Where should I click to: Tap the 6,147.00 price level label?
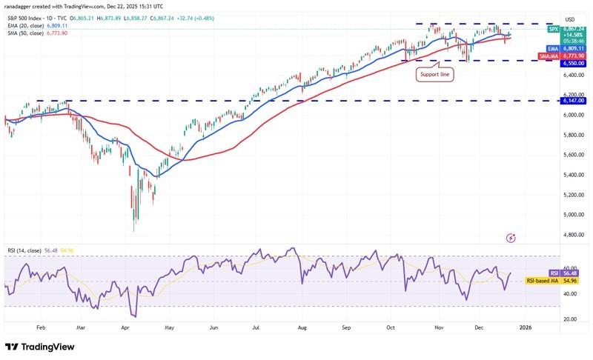click(573, 101)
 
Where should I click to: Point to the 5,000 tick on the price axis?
click(573, 215)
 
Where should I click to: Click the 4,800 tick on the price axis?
click(573, 235)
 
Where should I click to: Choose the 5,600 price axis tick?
click(573, 155)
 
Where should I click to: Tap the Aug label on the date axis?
click(302, 327)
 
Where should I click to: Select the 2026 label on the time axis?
click(526, 327)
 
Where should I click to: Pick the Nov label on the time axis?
click(438, 327)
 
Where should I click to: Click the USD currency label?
click(570, 19)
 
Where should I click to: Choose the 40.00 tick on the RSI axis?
click(572, 294)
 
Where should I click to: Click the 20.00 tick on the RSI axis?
click(572, 319)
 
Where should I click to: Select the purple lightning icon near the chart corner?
click(510, 238)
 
